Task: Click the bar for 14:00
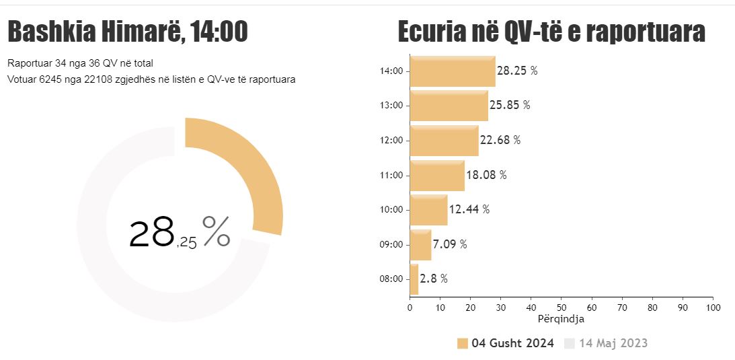[x=453, y=71]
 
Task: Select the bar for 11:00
[x=437, y=176]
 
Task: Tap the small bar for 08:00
[x=414, y=279]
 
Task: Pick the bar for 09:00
[x=420, y=245]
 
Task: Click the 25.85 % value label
[x=510, y=106]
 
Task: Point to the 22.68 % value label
[x=500, y=141]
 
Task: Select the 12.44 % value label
[x=469, y=209]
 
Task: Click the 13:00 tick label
[x=391, y=106]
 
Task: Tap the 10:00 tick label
[x=391, y=210]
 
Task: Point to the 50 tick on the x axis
[x=561, y=308]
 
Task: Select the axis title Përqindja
[x=562, y=319]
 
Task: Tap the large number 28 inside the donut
[x=152, y=233]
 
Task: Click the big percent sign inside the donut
[x=216, y=232]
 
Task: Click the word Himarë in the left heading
[x=139, y=32]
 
